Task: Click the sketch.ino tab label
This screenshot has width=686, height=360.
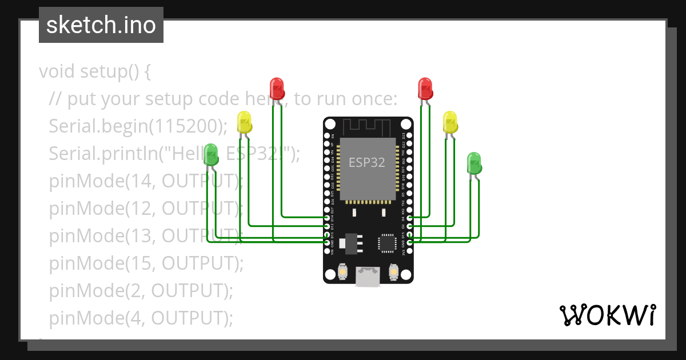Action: [101, 25]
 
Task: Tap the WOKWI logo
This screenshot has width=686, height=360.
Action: [607, 315]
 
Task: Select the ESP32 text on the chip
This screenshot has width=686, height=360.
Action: [367, 162]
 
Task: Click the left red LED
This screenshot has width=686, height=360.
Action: [277, 88]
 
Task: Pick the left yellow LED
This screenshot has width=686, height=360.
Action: [245, 122]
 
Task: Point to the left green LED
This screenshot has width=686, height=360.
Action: [212, 154]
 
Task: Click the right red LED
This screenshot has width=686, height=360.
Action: [425, 88]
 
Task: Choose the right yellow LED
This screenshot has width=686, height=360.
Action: [450, 122]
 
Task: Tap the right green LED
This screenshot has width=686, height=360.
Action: [474, 163]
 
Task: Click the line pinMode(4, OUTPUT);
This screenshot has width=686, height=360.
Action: [141, 318]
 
